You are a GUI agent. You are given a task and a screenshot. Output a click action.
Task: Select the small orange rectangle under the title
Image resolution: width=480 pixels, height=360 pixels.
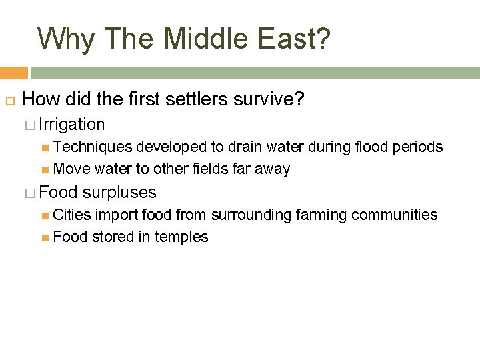tap(13, 73)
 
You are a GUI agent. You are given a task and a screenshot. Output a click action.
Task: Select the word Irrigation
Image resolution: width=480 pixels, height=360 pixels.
tap(72, 125)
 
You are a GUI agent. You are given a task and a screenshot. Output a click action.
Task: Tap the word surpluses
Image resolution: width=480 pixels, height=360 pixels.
tap(120, 193)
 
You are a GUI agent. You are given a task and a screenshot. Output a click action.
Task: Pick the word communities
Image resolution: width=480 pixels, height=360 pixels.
tap(395, 215)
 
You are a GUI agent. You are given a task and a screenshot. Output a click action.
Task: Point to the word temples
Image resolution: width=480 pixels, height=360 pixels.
tap(181, 237)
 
